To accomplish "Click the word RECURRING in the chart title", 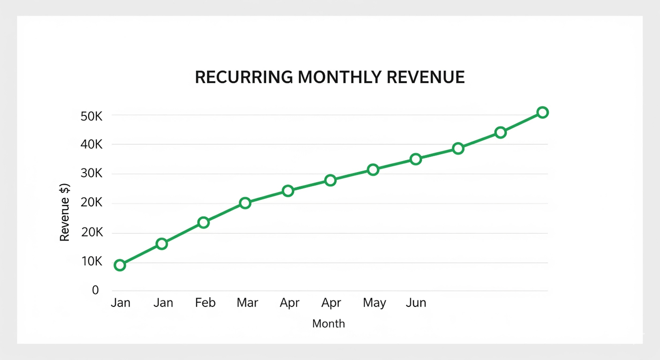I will [x=244, y=77].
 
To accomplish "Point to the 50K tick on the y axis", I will [x=91, y=116].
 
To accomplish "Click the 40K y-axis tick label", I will [x=91, y=145].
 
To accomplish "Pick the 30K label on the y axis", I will [x=91, y=174].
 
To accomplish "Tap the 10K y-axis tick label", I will [x=91, y=262].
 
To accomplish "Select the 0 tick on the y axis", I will [x=96, y=290].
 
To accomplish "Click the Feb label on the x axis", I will [x=205, y=303].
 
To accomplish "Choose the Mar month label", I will [x=247, y=303].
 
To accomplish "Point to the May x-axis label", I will [x=374, y=303].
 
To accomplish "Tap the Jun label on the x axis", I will [x=416, y=303].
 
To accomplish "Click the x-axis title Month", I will [x=329, y=324].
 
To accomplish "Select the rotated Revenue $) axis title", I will [x=65, y=212].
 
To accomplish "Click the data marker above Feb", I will [x=204, y=222].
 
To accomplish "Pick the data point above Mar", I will [x=245, y=203].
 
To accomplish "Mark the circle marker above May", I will [x=373, y=170].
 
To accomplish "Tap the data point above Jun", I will [x=415, y=159].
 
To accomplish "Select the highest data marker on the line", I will [x=543, y=113].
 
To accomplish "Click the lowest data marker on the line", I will [x=120, y=265].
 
